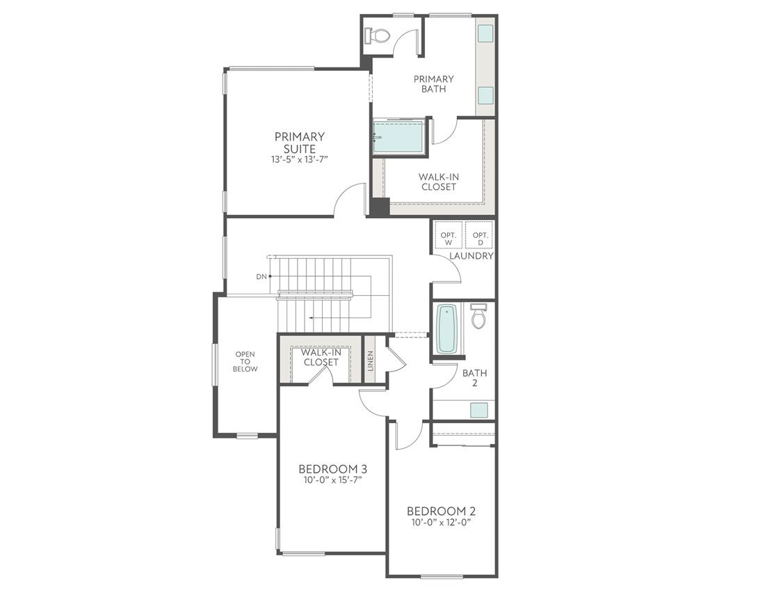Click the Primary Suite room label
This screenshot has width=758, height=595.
coord(299,143)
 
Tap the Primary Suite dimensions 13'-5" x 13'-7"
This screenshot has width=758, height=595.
coord(299,159)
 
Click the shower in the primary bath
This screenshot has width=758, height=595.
coord(398,136)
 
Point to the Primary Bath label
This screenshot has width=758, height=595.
coord(433,84)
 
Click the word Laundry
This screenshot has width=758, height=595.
coord(471,256)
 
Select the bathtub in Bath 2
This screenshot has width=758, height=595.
coord(446,330)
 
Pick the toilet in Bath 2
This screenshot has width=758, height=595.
coord(478,317)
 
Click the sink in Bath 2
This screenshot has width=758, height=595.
coord(479,410)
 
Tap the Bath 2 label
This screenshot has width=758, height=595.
coord(475,378)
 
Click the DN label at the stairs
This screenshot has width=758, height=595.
coord(261,277)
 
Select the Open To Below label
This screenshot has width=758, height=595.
coord(245,361)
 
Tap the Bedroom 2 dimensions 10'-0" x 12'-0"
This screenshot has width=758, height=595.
coord(442,523)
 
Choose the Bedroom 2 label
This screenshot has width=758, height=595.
coord(442,511)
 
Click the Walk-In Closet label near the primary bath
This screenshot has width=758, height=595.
coord(438,182)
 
